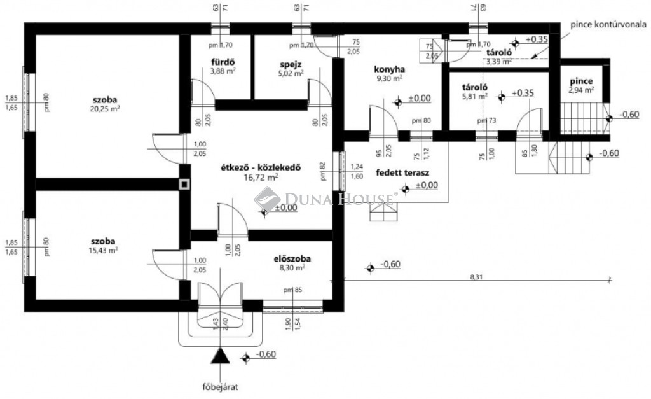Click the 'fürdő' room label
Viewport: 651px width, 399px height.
[x=223, y=62]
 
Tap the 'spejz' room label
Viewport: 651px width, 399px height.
[x=289, y=64]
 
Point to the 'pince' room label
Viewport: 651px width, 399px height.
[x=580, y=81]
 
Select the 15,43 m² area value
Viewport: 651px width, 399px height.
[x=103, y=250]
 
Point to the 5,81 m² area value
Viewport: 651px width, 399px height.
[x=474, y=97]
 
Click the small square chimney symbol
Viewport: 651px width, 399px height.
[x=184, y=185]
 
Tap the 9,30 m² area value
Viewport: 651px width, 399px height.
[x=389, y=79]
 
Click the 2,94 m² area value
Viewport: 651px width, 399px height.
[x=580, y=90]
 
